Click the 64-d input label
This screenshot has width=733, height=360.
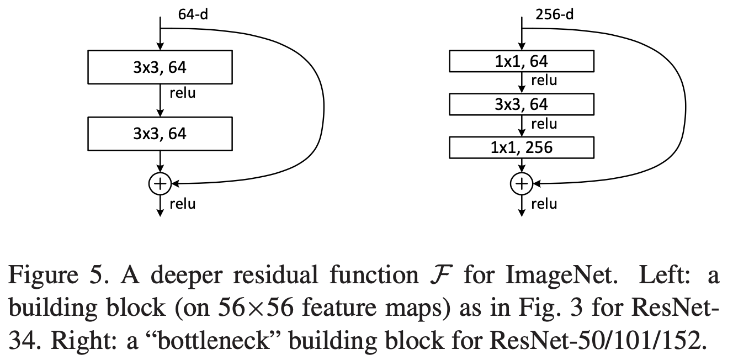[193, 15]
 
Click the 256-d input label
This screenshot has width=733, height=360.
[554, 15]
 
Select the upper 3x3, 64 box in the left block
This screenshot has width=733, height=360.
[160, 67]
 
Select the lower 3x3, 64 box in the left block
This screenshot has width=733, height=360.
[160, 134]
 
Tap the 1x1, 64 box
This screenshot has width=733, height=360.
[522, 61]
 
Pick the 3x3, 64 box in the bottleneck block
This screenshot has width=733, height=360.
[522, 104]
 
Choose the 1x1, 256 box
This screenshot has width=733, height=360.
[522, 147]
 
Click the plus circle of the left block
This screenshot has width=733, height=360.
[160, 184]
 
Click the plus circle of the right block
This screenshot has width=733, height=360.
[522, 184]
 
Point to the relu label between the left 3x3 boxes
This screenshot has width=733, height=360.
[183, 93]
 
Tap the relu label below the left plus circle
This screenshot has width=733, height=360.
[183, 204]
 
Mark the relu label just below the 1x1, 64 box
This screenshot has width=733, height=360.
[544, 81]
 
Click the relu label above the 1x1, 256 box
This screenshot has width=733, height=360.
[544, 124]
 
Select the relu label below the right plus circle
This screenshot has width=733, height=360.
[544, 204]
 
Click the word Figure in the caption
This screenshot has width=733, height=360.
[43, 275]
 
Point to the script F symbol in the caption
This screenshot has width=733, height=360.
[441, 275]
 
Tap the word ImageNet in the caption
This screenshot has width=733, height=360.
[561, 275]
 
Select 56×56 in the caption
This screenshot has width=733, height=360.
[256, 308]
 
